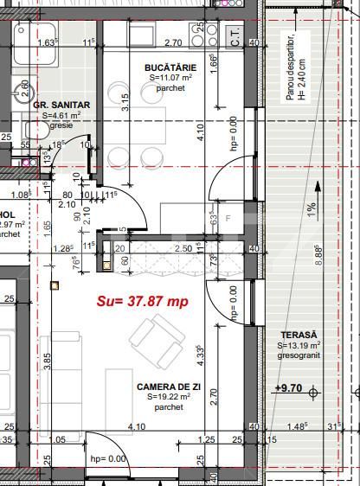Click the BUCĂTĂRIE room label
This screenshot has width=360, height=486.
click(x=171, y=67)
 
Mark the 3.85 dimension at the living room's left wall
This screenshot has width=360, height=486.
click(x=48, y=358)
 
